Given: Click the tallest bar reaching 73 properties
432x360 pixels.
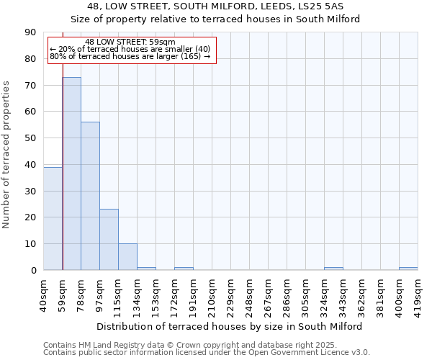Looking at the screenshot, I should [71, 173].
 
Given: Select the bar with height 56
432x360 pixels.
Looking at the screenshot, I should [90, 196].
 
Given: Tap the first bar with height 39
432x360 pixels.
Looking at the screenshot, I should [53, 218].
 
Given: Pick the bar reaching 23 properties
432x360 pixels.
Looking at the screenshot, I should [109, 240].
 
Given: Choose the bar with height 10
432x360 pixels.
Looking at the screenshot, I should [127, 257].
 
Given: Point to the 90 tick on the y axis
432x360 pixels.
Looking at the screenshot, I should [30, 32].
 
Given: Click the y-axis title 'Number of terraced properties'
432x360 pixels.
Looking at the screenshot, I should [7, 154].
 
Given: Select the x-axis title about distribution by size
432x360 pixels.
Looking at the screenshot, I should [229, 326].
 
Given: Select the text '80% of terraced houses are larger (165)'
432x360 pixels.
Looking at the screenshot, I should [130, 56].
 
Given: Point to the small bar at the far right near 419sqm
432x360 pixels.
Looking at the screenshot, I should [408, 269].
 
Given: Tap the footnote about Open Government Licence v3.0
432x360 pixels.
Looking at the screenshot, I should [207, 352].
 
